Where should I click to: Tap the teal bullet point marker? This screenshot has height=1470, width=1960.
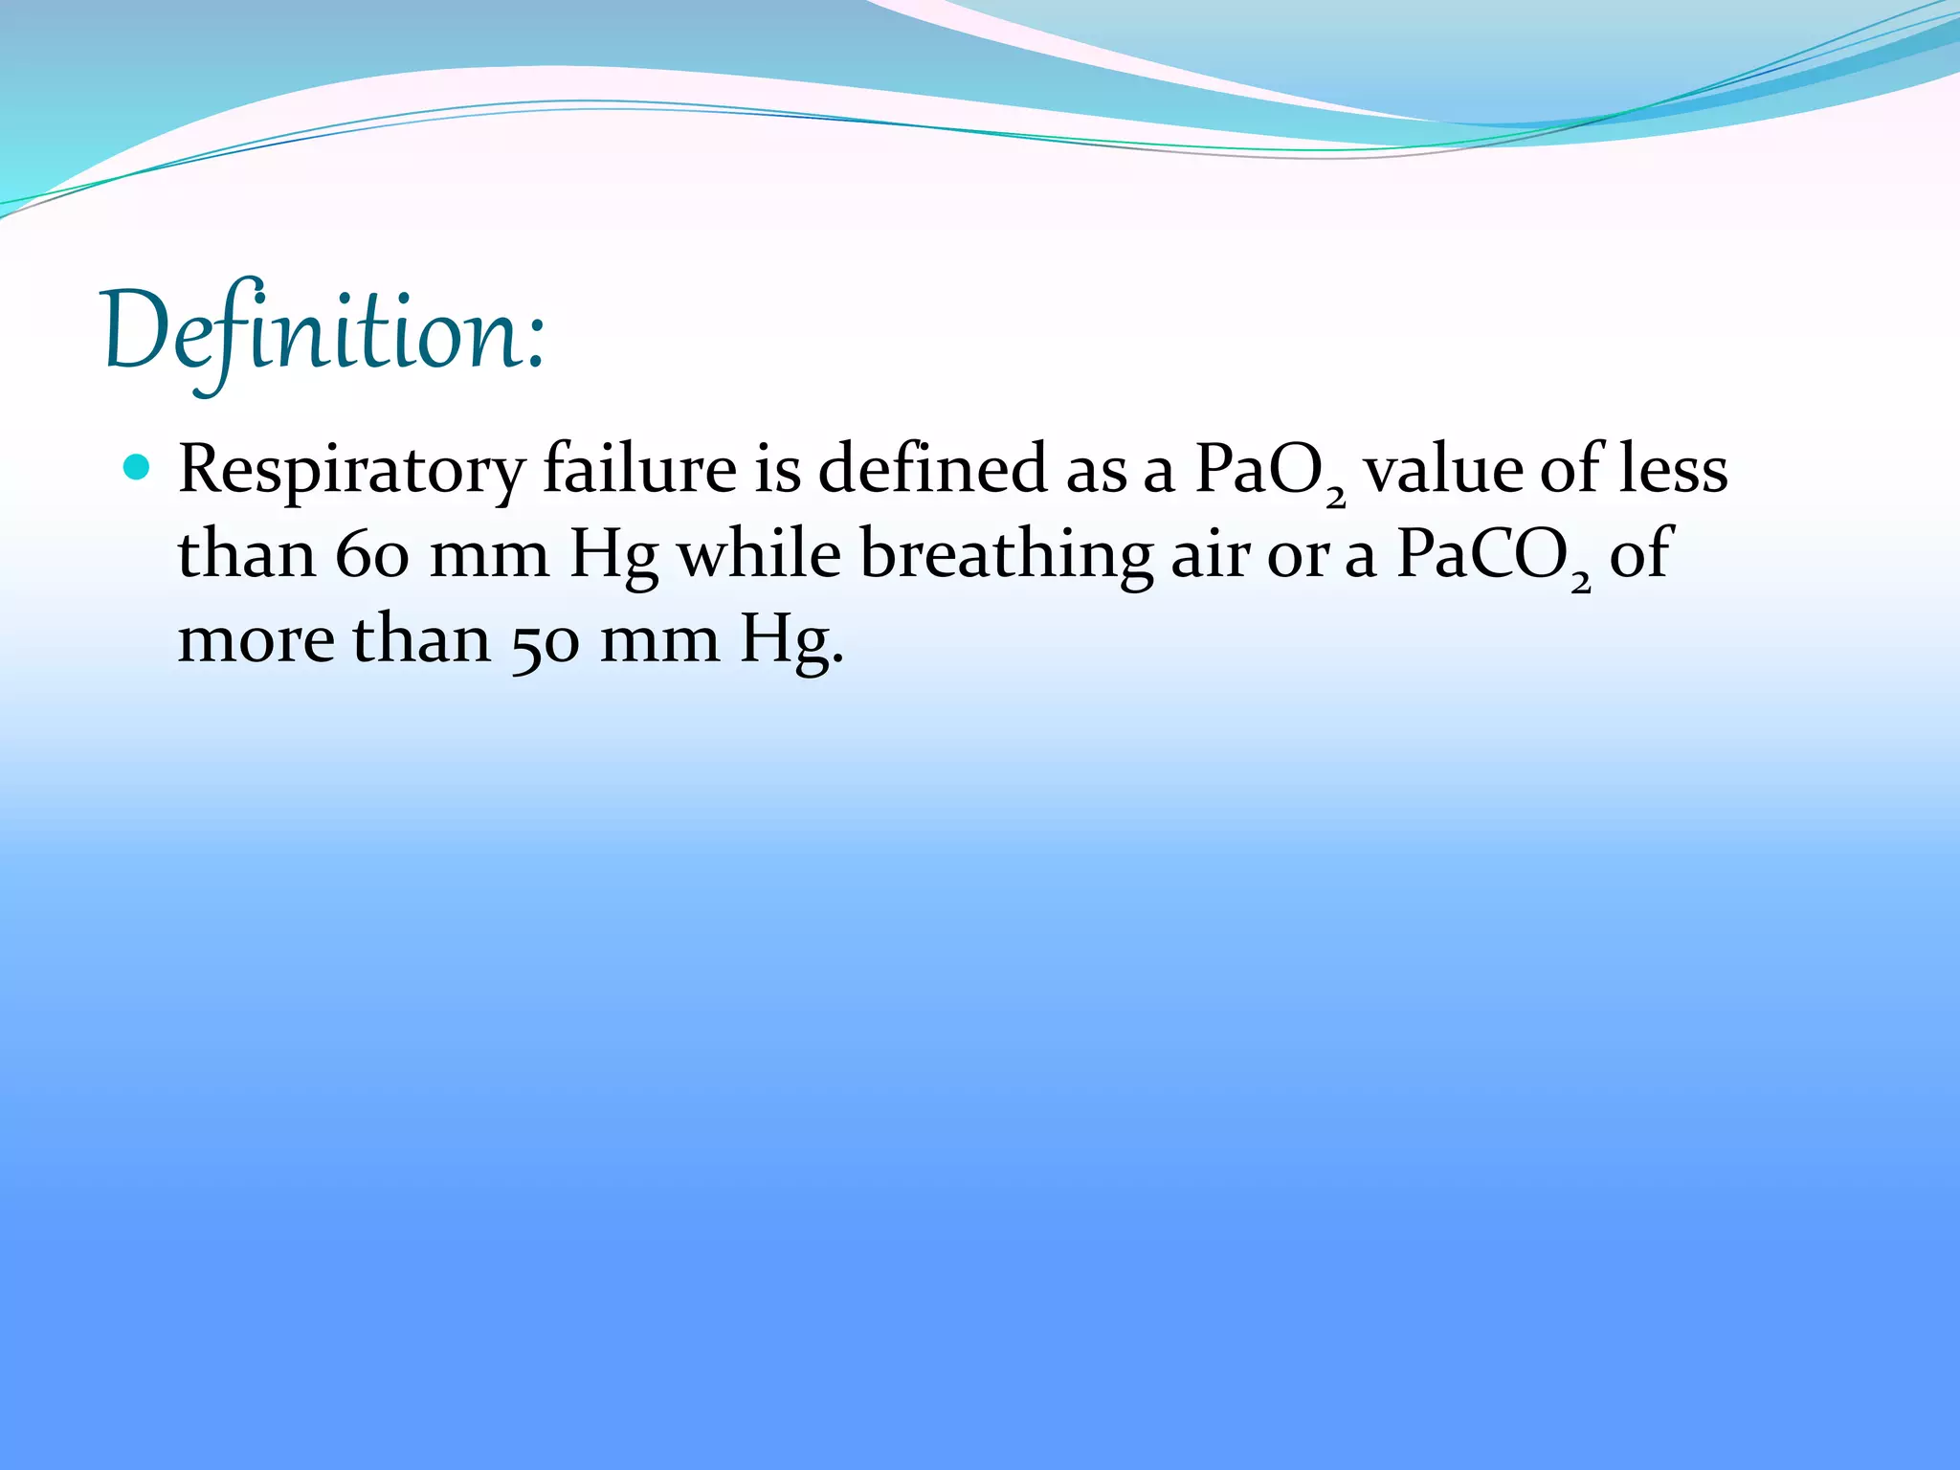tap(138, 467)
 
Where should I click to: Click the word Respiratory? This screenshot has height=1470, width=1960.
tap(351, 471)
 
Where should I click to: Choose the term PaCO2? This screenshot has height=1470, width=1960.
tap(1493, 556)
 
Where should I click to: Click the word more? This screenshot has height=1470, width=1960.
tap(256, 639)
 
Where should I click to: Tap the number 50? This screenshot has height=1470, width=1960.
tap(545, 640)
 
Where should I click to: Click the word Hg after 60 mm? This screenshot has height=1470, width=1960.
tap(613, 556)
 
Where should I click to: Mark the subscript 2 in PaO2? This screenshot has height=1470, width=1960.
tap(1336, 496)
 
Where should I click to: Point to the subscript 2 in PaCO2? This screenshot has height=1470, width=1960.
tap(1580, 581)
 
